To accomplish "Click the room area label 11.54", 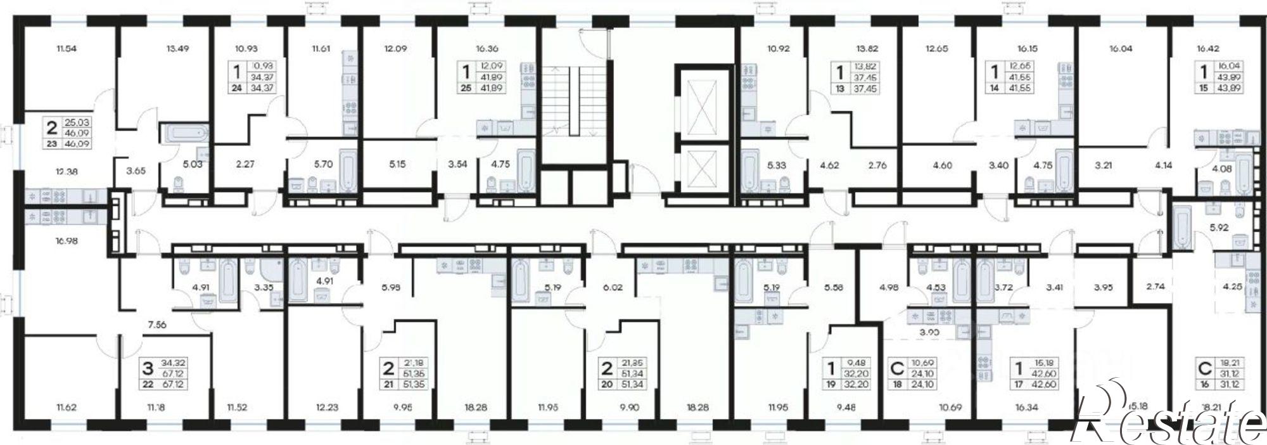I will tap(67, 48).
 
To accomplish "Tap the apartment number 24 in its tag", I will tap(237, 87).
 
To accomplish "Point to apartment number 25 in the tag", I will tap(466, 87).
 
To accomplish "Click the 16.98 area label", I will tap(67, 241).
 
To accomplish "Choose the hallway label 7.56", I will tap(156, 324).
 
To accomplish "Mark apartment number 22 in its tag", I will tap(148, 385).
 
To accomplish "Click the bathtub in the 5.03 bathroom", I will tap(185, 133).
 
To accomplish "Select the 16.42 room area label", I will tap(1207, 48).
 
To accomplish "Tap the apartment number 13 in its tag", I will tap(840, 89).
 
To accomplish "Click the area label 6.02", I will tap(613, 287).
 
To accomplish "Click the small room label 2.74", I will tap(1156, 287).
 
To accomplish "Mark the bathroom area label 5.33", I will tap(777, 165).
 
